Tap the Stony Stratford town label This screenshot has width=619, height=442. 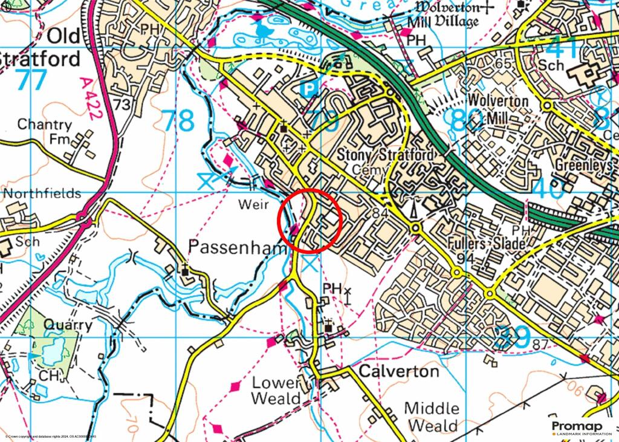point(385,155)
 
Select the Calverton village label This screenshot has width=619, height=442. point(399,371)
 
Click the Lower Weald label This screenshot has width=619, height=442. point(276,391)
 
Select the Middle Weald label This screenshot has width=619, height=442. point(431,417)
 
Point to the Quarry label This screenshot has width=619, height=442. point(68,325)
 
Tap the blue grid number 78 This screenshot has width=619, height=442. point(180,121)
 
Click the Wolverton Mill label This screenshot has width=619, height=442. point(499,109)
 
